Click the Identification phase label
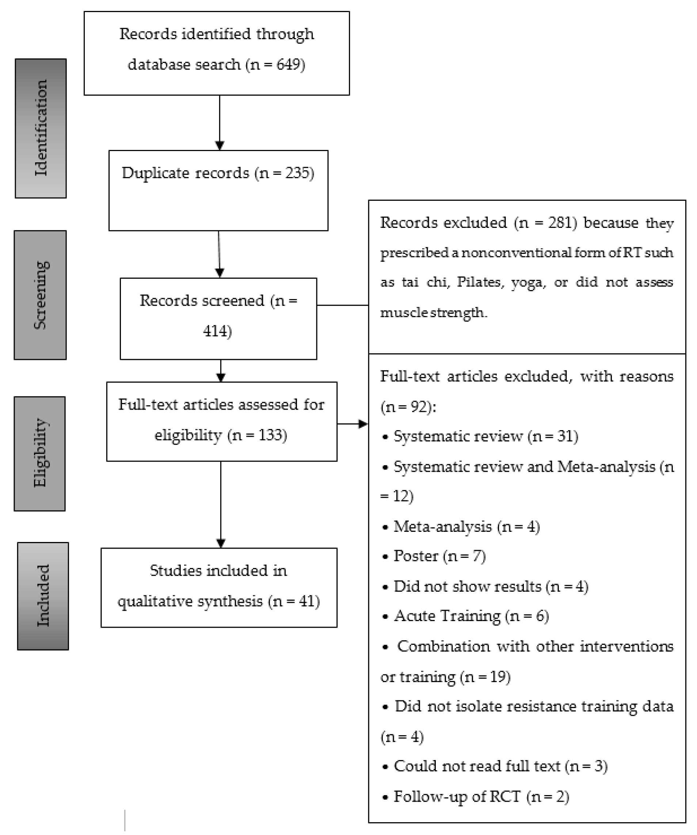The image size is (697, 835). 41,128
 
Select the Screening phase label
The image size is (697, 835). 40,295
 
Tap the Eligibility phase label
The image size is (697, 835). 40,453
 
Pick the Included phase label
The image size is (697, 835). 43,596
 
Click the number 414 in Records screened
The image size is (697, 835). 215,331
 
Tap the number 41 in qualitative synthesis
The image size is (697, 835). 306,601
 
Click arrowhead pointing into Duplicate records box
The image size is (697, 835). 220,146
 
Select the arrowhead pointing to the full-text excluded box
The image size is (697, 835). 363,424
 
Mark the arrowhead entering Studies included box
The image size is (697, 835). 221,543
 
